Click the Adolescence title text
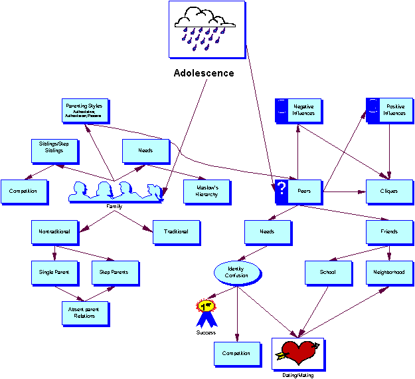pos(204,73)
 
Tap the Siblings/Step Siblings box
pos(55,150)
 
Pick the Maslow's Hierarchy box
pos(207,191)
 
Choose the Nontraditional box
pos(55,231)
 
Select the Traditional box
pos(176,231)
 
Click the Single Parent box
pos(55,272)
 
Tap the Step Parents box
pos(115,272)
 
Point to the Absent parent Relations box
pos(84,313)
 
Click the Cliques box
pos(389,191)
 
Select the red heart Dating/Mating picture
pos(297,353)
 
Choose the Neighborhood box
pos(389,272)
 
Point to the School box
pos(328,272)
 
